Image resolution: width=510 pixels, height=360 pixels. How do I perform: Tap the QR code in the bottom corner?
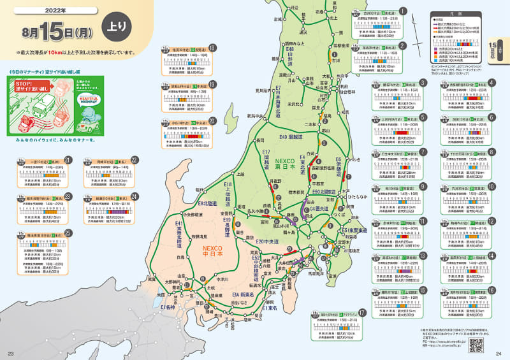tap(476, 345)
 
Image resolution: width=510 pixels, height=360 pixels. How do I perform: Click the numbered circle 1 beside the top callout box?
tap(403, 11)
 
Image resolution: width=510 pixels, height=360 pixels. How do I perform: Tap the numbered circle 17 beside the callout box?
tap(361, 312)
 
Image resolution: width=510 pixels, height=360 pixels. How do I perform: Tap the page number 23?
tap(10, 354)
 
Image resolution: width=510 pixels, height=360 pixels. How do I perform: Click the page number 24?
tap(499, 354)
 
